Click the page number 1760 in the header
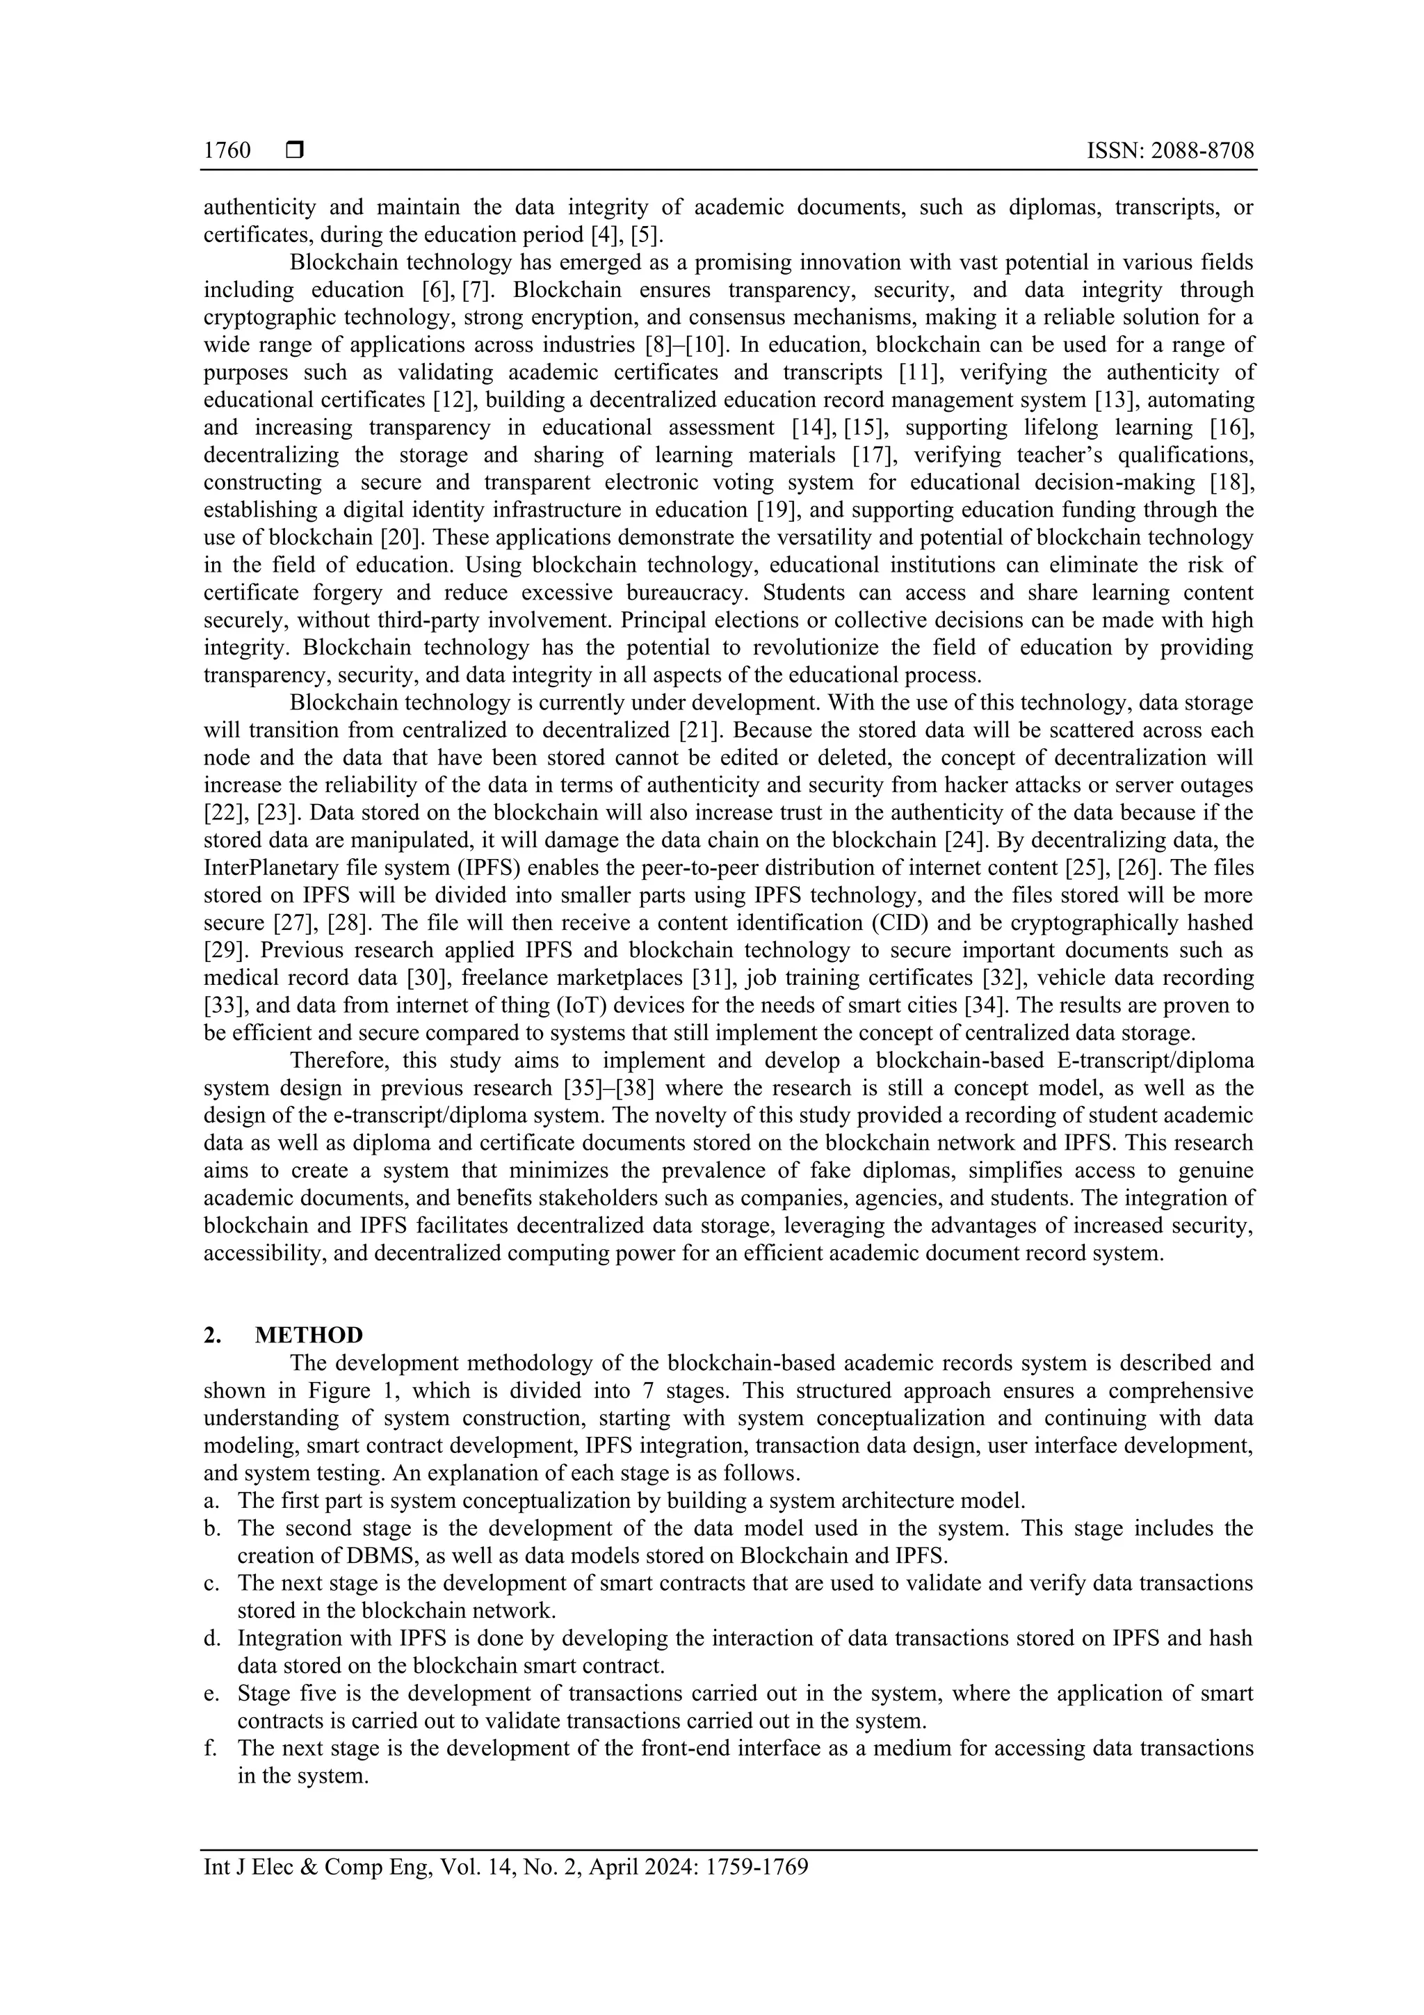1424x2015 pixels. tap(227, 151)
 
